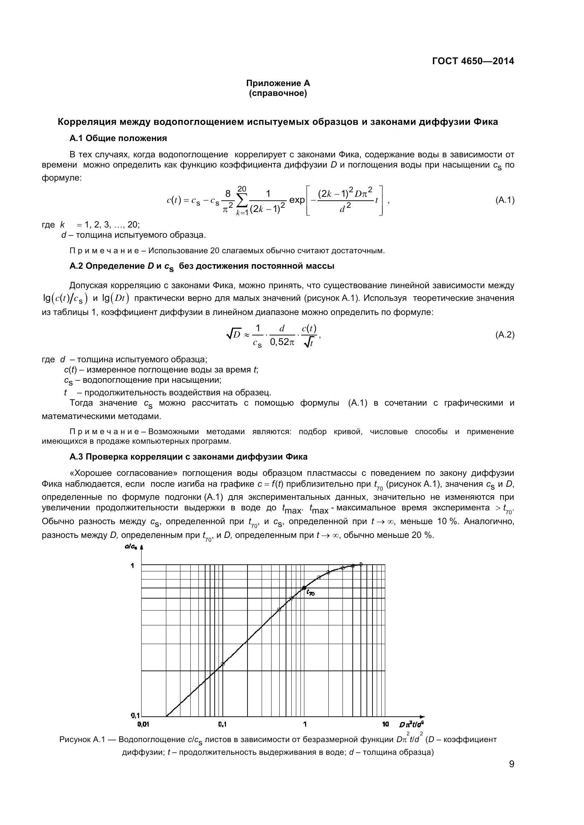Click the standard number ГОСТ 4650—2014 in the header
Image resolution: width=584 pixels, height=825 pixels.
pos(473,61)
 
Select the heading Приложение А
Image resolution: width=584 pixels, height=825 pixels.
pos(278,83)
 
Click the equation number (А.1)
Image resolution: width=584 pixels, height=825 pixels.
pos(505,200)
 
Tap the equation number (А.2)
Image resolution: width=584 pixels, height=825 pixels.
pos(505,335)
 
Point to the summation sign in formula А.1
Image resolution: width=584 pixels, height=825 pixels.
pos(242,200)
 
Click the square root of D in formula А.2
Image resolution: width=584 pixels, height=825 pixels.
pos(233,335)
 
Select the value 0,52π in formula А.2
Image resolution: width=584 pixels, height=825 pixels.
pos(282,342)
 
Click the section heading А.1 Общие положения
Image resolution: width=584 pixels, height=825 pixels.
pos(118,138)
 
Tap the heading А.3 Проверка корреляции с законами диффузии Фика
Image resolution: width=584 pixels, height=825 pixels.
pos(189,457)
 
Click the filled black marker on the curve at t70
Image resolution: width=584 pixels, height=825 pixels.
pos(304,588)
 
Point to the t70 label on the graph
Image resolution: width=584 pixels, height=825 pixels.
pos(310,594)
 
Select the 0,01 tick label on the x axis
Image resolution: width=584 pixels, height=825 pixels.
pos(143,724)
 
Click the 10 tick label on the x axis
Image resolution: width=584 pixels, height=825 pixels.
pos(386,724)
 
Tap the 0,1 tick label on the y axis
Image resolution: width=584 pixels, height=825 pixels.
pos(135,715)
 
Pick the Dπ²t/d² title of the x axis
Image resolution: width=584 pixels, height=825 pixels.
pos(411,724)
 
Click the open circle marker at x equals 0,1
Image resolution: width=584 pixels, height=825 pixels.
pos(222,664)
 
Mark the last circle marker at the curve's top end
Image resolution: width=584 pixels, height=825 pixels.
pos(361,564)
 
